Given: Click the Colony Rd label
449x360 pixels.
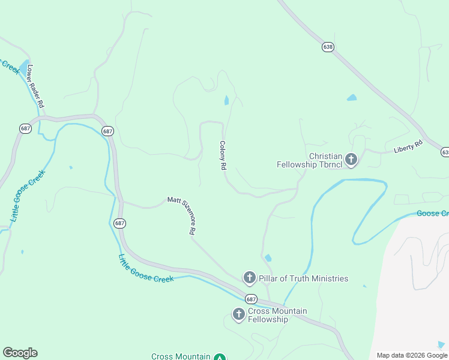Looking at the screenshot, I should [x=222, y=156].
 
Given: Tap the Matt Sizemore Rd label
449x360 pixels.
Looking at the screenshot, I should [x=181, y=214].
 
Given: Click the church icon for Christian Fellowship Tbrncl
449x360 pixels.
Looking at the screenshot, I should [x=351, y=160].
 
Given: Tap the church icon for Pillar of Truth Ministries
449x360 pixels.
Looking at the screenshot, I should [x=250, y=278].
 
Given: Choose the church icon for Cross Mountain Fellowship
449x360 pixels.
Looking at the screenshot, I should [x=239, y=314].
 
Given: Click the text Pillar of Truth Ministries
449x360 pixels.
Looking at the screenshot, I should [x=304, y=278].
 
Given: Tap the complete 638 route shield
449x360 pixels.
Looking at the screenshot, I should [x=328, y=46].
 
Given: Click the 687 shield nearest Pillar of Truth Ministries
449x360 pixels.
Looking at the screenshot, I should [x=251, y=299].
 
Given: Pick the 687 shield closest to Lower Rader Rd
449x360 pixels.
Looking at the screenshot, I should [x=25, y=128].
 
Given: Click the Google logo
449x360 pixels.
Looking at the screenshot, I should [x=20, y=353].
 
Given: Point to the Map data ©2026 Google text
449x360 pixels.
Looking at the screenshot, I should [x=412, y=355].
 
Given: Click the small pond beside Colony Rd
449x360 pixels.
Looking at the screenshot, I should [x=226, y=100].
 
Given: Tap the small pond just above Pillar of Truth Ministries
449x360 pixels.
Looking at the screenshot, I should [x=268, y=258].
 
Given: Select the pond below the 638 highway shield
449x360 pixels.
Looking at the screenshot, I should [x=352, y=97].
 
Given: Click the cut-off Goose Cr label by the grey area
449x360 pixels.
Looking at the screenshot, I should [x=433, y=214].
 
